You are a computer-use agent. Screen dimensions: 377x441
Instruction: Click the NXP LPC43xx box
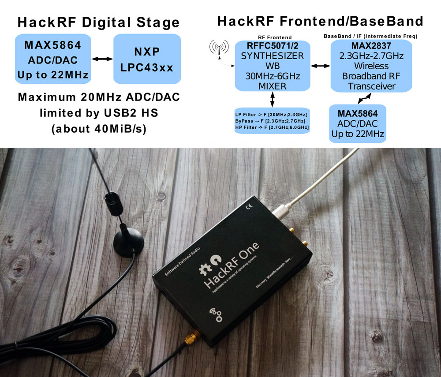click(147, 59)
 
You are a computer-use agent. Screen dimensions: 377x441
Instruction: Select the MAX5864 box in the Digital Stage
click(53, 60)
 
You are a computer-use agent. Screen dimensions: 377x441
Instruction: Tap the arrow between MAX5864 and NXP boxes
click(101, 59)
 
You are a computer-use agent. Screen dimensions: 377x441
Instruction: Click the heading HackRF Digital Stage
click(98, 22)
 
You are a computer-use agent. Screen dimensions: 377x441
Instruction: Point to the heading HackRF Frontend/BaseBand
click(320, 21)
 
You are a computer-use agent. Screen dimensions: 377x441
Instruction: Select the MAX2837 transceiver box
click(371, 66)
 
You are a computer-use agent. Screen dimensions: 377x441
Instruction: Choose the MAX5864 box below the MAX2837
click(357, 123)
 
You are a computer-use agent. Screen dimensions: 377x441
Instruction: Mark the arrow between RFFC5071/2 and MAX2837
click(321, 66)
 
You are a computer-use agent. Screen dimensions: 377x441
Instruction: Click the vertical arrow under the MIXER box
click(273, 99)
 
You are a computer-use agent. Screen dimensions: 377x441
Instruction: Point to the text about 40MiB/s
click(99, 130)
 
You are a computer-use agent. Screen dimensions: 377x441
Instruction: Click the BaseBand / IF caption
click(370, 36)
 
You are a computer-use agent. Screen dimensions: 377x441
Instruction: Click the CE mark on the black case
click(249, 206)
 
